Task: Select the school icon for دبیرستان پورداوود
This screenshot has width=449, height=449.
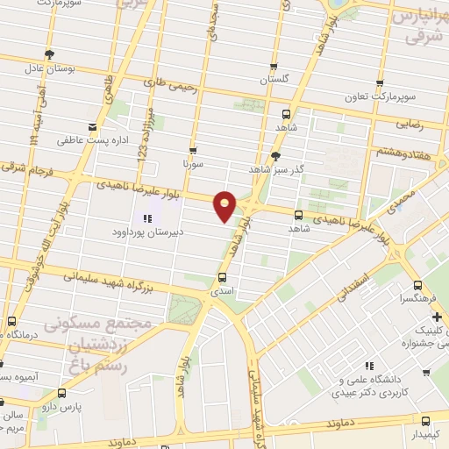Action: click(146, 217)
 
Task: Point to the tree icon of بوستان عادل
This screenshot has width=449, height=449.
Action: click(49, 54)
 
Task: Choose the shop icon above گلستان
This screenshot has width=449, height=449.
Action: click(274, 68)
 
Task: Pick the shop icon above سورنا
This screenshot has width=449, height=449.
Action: click(193, 150)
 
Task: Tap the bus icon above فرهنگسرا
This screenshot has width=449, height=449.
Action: click(417, 285)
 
